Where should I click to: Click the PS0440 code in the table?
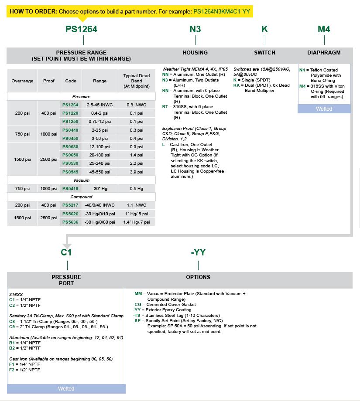pyautogui.click(x=70, y=130)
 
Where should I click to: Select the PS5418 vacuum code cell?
pyautogui.click(x=70, y=189)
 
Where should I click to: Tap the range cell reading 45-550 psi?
pyautogui.click(x=99, y=172)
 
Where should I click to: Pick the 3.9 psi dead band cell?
pyautogui.click(x=136, y=172)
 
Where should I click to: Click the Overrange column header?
pyautogui.click(x=22, y=81)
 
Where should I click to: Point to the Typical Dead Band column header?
pyautogui.click(x=136, y=81)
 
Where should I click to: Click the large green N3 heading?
pyautogui.click(x=195, y=29)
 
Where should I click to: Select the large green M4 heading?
pyautogui.click(x=324, y=29)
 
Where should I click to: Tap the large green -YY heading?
pyautogui.click(x=198, y=252)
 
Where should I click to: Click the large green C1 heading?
pyautogui.click(x=66, y=252)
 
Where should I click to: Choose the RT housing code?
pyautogui.click(x=165, y=107)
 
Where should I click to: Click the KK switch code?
pyautogui.click(x=237, y=85)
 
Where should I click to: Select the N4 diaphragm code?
pyautogui.click(x=302, y=70)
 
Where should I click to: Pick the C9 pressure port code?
pyautogui.click(x=12, y=326)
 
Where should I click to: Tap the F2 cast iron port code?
pyautogui.click(x=12, y=370)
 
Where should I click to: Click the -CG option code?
pyautogui.click(x=137, y=305)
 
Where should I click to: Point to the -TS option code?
pyautogui.click(x=137, y=315)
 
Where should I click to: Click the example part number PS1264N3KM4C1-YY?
pyautogui.click(x=222, y=11)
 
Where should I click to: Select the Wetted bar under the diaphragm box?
pyautogui.click(x=324, y=109)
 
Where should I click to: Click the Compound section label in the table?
pyautogui.click(x=81, y=197)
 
